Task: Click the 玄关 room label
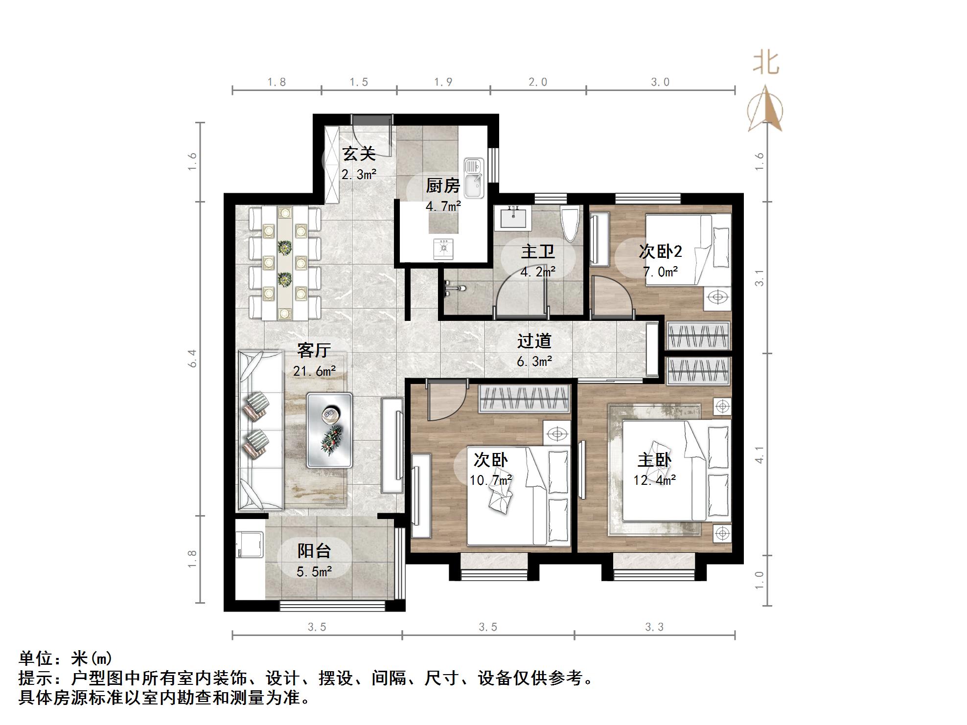pos(359,154)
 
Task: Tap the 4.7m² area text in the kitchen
pos(443,206)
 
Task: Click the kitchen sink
pos(474,179)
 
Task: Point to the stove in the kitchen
pos(444,248)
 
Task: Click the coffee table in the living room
pos(329,430)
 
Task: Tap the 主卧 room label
pos(654,460)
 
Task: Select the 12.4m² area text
pos(654,480)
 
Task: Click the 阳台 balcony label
pos(314,551)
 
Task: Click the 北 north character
pos(766,64)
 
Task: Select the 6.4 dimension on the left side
pos(192,358)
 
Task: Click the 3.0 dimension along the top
pos(660,82)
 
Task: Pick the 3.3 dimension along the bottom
pos(654,627)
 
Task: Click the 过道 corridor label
pos(534,340)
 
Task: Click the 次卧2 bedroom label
pos(660,251)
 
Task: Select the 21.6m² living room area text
pos(314,371)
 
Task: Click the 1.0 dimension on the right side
pos(759,580)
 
